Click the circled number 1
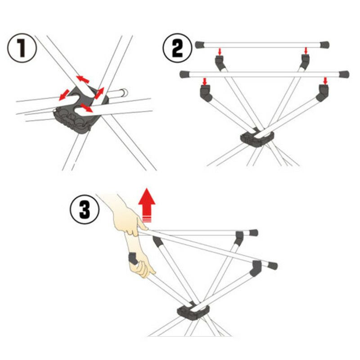(22, 49)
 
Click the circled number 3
(84, 210)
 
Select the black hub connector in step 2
(255, 138)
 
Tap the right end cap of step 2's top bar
(324, 45)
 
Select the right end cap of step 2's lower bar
(344, 74)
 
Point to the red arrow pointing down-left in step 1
(64, 94)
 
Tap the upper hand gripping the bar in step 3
(128, 220)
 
